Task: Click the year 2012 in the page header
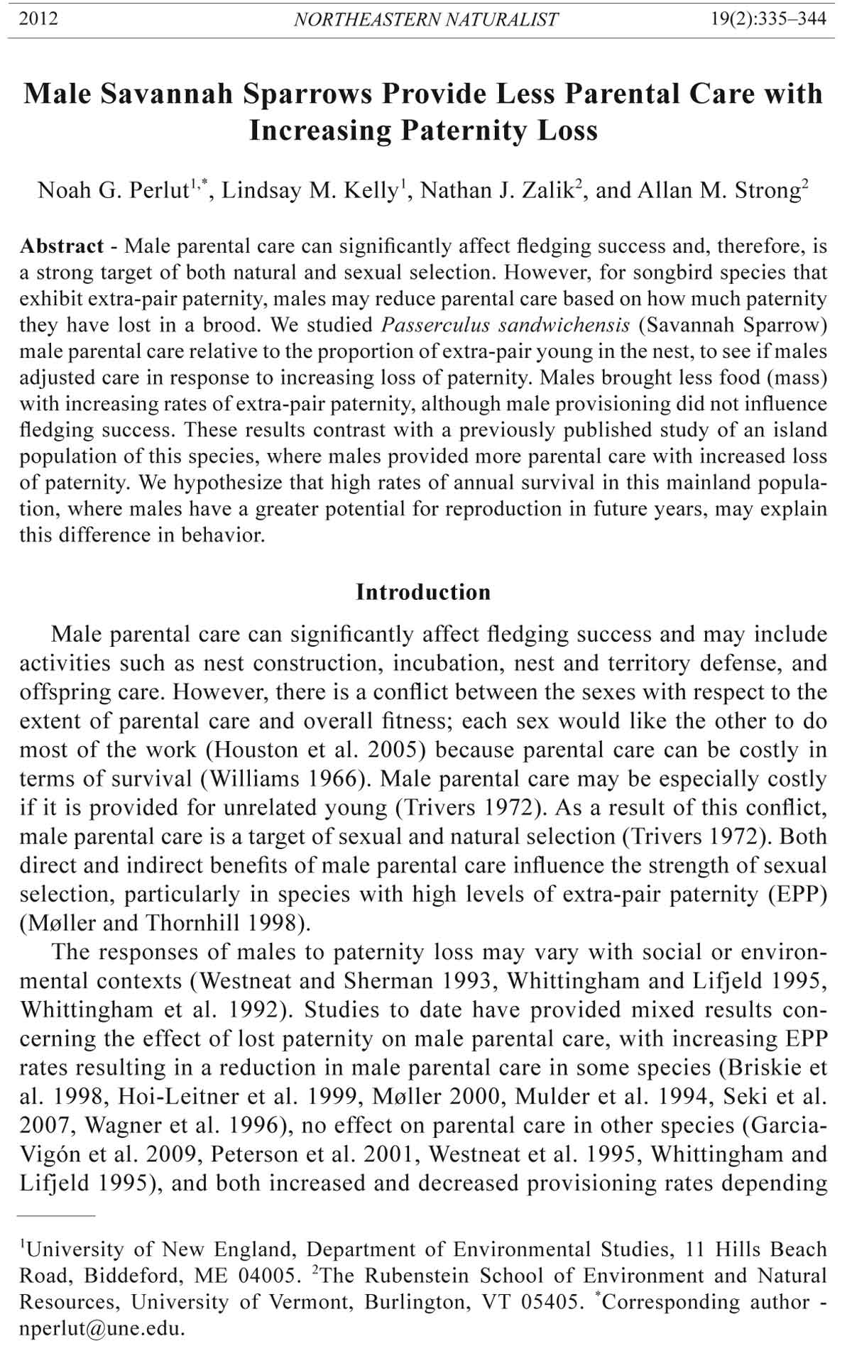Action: (x=38, y=18)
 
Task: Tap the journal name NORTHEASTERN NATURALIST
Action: (x=426, y=20)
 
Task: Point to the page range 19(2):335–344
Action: (x=768, y=18)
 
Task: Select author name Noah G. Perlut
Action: (x=112, y=191)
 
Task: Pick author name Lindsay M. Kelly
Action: (x=310, y=191)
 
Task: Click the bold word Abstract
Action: (x=62, y=246)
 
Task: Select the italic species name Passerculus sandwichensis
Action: (x=506, y=325)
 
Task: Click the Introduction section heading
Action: (x=423, y=592)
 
